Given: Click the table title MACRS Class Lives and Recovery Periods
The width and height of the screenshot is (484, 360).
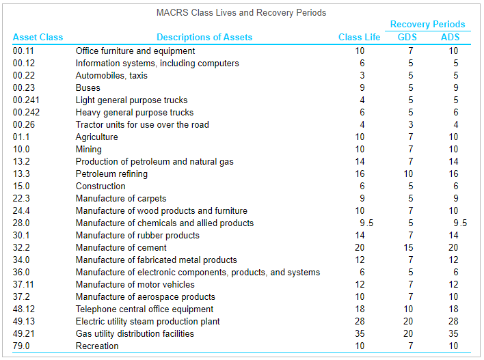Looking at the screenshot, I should pos(241,12).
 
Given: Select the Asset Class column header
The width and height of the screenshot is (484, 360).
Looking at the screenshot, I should pos(38,37).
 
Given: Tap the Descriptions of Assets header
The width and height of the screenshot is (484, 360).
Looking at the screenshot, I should pos(204,37).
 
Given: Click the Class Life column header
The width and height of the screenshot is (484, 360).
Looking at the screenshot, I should pos(360,37).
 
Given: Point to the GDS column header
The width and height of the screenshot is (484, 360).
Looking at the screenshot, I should pos(407,37).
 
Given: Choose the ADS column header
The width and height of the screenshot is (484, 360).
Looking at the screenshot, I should pos(451,37).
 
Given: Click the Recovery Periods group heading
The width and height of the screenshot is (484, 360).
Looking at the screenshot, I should pos(427,25).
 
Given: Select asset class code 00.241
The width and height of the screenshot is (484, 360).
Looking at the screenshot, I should pos(26,100).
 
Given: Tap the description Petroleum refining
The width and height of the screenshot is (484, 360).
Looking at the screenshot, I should pos(111,174).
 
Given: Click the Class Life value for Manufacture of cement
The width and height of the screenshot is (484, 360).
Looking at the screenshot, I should pos(360,247).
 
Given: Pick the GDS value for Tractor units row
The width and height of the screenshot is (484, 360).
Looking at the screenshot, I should pos(411,124).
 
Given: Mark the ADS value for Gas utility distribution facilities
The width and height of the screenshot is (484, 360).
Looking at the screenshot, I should pos(453,333).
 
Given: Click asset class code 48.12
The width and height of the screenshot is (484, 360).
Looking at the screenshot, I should pos(24,309).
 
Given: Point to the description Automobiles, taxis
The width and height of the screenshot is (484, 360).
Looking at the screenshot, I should pos(111,75).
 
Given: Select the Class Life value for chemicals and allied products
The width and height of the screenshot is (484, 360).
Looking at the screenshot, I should pos(366,223).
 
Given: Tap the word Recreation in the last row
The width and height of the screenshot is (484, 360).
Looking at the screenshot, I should pos(97,346).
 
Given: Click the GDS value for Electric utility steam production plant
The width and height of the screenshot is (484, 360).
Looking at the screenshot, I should pos(408,321).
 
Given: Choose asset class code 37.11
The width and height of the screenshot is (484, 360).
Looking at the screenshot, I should pos(24,284).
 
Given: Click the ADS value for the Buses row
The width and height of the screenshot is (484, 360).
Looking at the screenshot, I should pos(456,87).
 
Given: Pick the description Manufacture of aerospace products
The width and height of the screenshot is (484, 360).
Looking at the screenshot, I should pos(145,296).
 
